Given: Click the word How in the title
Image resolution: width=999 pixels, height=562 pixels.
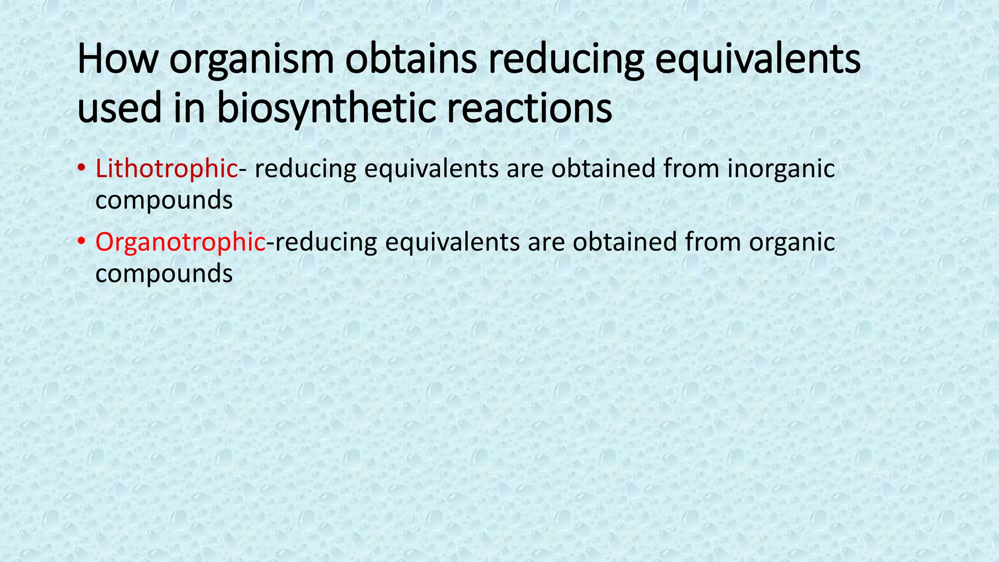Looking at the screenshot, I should click(118, 60).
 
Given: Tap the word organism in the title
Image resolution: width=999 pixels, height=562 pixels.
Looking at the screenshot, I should click(252, 60).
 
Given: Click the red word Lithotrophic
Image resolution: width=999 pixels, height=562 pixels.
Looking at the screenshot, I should click(166, 169).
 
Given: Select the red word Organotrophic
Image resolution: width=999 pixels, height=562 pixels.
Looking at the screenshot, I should click(180, 242).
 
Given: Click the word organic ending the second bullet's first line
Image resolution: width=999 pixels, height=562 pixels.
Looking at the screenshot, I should click(792, 243).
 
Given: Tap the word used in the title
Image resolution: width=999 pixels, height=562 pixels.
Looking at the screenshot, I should click(119, 108).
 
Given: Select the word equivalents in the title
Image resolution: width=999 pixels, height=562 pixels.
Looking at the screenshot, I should click(757, 60).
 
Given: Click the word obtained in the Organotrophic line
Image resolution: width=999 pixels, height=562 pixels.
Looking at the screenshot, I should click(625, 242).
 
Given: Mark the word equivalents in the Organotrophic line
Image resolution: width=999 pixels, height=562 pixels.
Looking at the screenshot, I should click(452, 243).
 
